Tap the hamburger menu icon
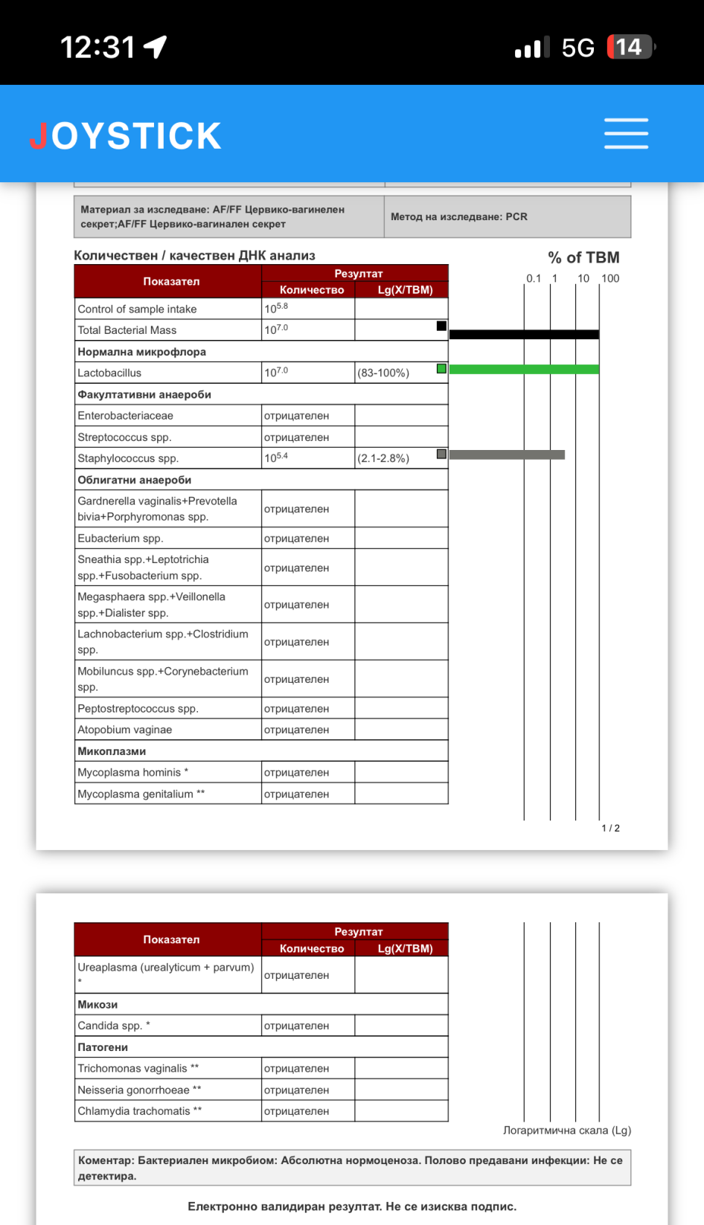pos(626,134)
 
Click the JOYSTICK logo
pos(126,136)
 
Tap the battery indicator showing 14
pos(630,48)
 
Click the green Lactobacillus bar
pos(524,369)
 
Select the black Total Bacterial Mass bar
pos(524,335)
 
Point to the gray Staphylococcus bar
pos(507,454)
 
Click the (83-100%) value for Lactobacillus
pos(383,373)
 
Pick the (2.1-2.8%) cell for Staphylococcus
pos(383,458)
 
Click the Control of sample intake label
pos(138,309)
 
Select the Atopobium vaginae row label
pos(125,730)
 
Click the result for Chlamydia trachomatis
pos(296,1111)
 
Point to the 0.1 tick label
pos(534,278)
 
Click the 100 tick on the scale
pos(610,278)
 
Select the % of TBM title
pos(583,257)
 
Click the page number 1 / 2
pos(610,828)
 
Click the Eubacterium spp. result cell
pos(296,538)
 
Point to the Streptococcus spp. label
pos(124,437)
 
